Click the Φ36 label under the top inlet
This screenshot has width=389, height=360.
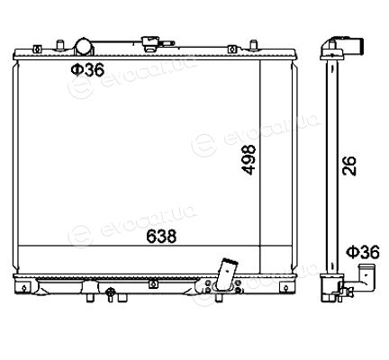pos(87,69)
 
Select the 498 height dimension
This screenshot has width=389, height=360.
pos(249,159)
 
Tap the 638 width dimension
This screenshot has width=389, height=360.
pos(161,236)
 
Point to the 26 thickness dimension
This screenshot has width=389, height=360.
pos(349,166)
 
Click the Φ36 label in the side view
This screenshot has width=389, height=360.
pos(363,252)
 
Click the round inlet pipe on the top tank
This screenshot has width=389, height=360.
pos(84,47)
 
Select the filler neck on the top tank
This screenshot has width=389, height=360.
pos(151,44)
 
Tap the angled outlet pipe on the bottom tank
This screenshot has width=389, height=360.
pos(227,274)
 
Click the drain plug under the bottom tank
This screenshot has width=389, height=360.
pos(111,294)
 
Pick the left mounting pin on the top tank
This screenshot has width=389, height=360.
pos(60,45)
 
